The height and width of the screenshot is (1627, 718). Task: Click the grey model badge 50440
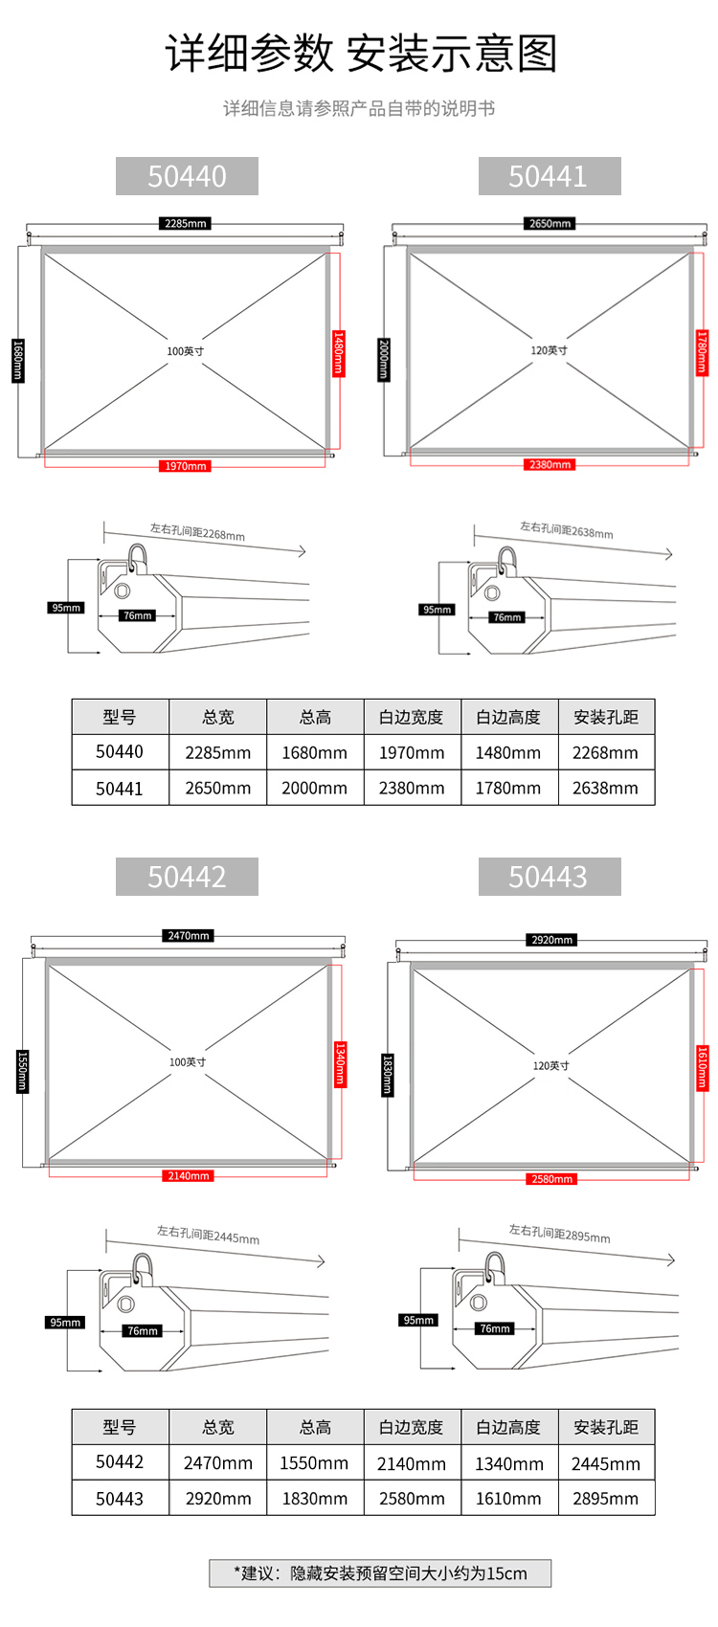187,176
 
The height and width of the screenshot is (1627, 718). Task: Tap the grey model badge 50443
549,877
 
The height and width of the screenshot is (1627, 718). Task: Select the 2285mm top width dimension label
185,223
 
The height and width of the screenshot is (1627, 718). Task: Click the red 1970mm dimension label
185,466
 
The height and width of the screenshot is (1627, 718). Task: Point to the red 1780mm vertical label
702,352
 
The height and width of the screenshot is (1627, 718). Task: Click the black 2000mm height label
384,359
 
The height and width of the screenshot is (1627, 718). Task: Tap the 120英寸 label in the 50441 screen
549,350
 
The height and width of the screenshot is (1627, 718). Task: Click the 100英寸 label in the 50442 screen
188,1061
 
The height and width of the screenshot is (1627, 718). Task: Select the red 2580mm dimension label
551,1179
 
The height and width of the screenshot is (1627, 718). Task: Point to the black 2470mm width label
188,935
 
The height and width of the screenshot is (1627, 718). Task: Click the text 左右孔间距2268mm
197,531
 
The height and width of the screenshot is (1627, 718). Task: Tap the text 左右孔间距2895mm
559,1234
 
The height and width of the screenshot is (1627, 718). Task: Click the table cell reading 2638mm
605,789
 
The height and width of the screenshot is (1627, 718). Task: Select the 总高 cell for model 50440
314,753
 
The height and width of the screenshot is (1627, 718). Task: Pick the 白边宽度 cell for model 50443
412,1499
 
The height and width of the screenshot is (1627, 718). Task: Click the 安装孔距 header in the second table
606,1427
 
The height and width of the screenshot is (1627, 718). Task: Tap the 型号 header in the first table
120,717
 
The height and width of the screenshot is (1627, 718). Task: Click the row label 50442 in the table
120,1462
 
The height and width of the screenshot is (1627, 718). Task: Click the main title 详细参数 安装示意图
360,54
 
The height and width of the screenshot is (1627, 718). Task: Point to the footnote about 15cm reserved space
380,1573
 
